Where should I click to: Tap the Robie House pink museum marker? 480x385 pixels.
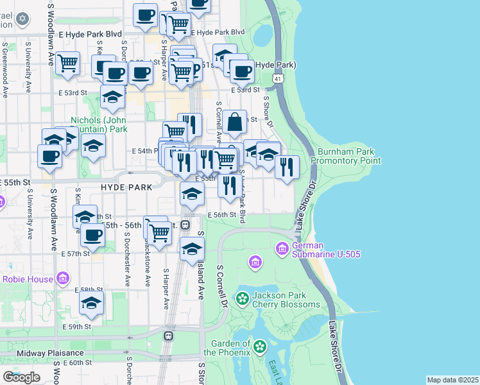(x=62, y=278)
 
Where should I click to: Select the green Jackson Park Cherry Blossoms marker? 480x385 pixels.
(x=242, y=298)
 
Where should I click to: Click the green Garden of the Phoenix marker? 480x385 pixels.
(x=260, y=347)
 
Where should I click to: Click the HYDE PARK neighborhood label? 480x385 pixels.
(x=126, y=187)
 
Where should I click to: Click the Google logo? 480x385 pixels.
(x=21, y=377)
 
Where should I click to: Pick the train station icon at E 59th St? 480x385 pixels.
(x=169, y=336)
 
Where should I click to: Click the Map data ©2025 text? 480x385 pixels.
(x=452, y=380)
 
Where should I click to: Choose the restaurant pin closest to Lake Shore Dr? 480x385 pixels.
(x=287, y=166)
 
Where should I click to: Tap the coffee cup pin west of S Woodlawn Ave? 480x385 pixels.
(x=49, y=155)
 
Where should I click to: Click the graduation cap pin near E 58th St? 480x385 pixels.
(x=92, y=303)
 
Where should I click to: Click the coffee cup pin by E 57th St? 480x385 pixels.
(x=93, y=235)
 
